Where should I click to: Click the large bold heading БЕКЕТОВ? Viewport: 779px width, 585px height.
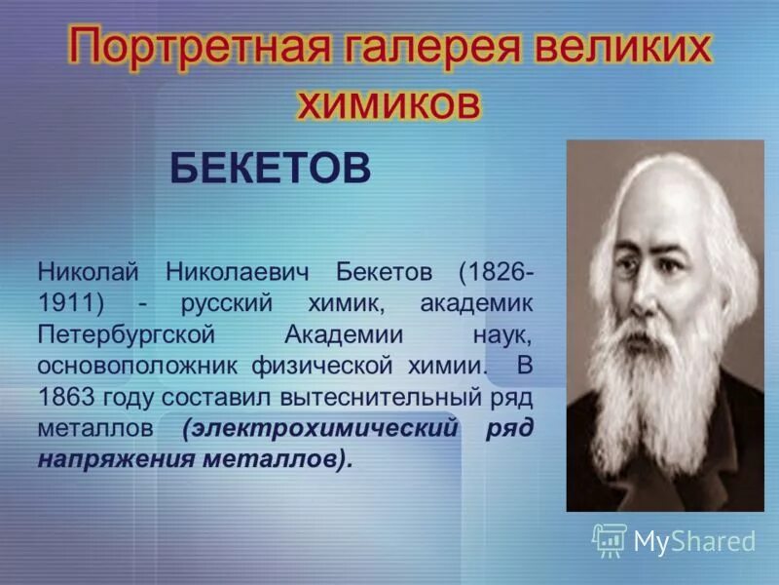(270, 169)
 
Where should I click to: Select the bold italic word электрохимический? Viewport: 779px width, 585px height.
(320, 429)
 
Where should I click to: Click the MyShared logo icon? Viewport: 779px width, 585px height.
(609, 539)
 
